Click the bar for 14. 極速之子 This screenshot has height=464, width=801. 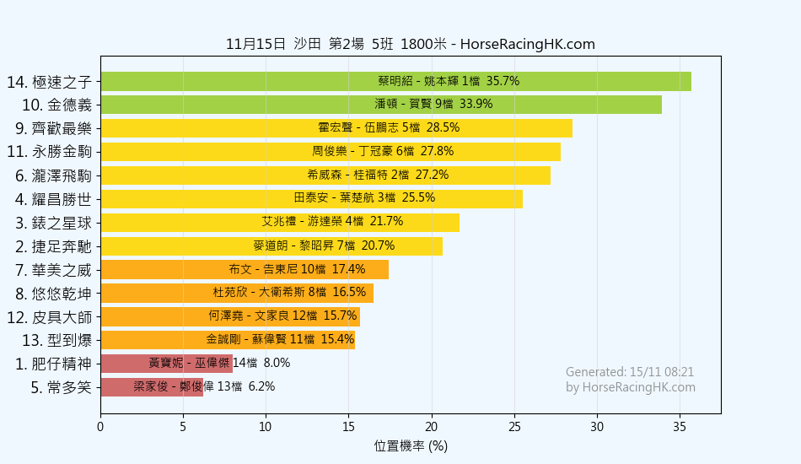tap(395, 81)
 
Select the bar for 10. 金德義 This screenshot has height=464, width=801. tap(381, 105)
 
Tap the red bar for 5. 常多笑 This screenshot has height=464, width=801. tap(152, 387)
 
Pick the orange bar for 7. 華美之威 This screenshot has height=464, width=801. tap(245, 270)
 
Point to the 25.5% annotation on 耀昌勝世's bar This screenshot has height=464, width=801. tap(419, 198)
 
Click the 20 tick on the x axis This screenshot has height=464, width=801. tap(432, 426)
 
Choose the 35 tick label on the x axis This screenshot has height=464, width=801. tap(680, 426)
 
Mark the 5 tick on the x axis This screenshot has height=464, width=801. tap(183, 426)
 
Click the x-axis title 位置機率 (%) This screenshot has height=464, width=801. tap(411, 446)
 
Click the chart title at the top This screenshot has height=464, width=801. tap(411, 45)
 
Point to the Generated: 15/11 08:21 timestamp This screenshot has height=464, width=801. tap(630, 372)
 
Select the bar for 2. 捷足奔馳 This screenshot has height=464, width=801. tap(271, 246)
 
